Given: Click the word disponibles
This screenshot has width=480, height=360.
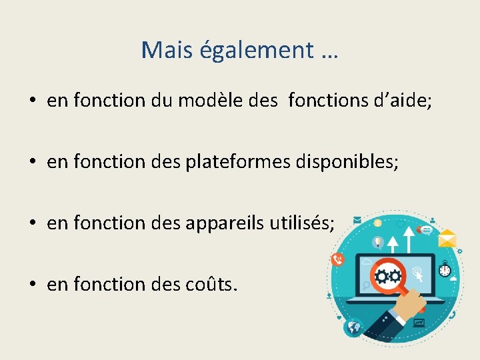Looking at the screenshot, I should click(352, 162).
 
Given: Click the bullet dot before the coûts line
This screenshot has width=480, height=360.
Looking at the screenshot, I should click(32, 285).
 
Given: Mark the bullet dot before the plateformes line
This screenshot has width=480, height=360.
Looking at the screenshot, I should click(32, 163).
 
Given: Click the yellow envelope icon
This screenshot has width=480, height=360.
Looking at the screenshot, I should click(446, 238).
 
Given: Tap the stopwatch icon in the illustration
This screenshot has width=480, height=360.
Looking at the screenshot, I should click(445, 270).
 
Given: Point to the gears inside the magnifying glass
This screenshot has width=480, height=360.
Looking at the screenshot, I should click(387, 275).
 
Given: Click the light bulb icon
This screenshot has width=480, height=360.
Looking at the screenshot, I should click(377, 242).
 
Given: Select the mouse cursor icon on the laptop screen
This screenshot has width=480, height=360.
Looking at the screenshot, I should click(419, 271).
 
